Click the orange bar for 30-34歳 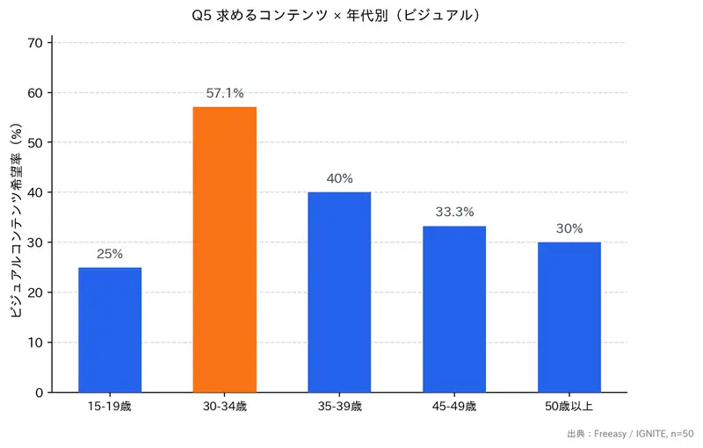pos(224,249)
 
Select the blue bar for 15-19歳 pos(110,329)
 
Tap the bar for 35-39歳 pos(339,292)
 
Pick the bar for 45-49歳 pos(454,308)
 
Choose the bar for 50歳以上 pos(569,316)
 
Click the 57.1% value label pos(224,92)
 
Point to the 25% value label pos(110,254)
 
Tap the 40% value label pos(339,178)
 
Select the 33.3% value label pos(454,212)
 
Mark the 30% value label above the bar pos(569,228)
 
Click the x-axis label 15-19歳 pos(110,407)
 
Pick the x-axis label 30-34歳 pos(224,407)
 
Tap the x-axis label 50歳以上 pos(569,407)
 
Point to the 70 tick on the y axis pos(35,43)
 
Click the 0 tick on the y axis pos(39,393)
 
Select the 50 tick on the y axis pos(35,142)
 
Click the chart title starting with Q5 pos(338,16)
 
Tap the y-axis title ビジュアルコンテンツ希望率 pos(15,220)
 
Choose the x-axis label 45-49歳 pos(454,407)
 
